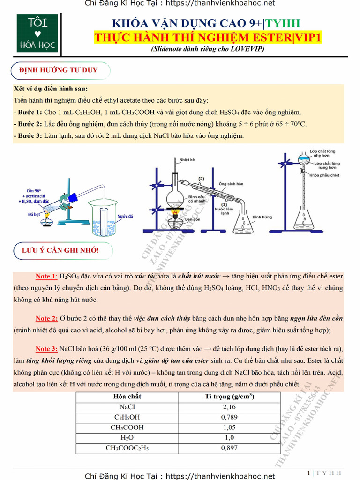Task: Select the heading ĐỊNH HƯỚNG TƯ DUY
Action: pyautogui.click(x=59, y=70)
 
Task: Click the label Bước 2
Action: pyautogui.click(x=28, y=124)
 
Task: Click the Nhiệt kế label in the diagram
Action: pyautogui.click(x=187, y=160)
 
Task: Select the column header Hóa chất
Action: pyautogui.click(x=127, y=397)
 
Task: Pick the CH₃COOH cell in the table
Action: pyautogui.click(x=127, y=427)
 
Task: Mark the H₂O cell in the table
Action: pyautogui.click(x=127, y=438)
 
